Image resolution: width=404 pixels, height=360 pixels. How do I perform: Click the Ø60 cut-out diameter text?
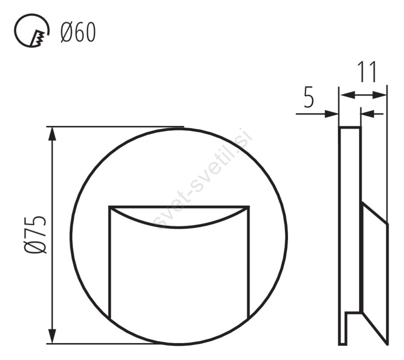point(78,32)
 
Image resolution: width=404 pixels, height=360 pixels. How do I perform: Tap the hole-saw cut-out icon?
point(31,31)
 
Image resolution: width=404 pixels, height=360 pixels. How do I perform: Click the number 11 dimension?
point(367,72)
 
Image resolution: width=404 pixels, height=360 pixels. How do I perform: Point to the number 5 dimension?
point(309,98)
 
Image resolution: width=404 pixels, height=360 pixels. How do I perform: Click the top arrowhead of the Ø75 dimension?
point(52,134)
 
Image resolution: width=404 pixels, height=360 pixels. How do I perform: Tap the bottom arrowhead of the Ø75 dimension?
point(52,337)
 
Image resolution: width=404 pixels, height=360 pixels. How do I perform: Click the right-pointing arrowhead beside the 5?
point(331,114)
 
